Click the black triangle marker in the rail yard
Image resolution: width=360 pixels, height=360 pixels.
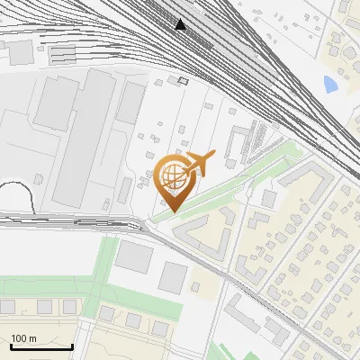pos(182,24)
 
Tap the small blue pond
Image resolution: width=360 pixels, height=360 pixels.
pos(330,85)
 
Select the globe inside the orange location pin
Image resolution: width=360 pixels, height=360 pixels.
pos(172,176)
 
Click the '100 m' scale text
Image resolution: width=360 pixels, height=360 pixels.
pos(24,338)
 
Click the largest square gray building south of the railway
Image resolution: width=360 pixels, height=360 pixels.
pos(134,256)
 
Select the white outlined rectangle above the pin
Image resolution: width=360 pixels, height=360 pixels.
pos(184,81)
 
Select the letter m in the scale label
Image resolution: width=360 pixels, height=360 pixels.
pos(33,338)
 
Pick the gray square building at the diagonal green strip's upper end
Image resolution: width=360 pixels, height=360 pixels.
pos(270,198)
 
